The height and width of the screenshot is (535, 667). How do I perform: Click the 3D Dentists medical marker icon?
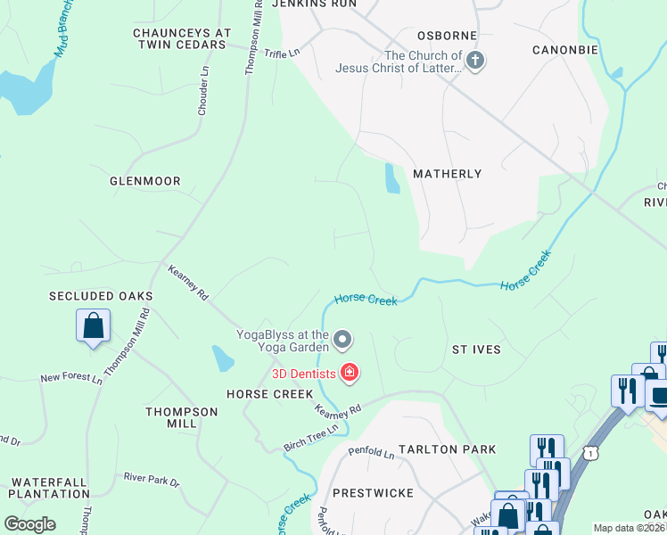[x=350, y=373]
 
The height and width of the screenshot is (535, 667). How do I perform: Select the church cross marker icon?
[x=475, y=62]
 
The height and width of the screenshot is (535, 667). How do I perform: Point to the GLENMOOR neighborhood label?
[x=145, y=181]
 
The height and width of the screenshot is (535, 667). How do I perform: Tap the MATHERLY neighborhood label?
[x=447, y=174]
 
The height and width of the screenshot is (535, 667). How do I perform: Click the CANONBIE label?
[x=565, y=50]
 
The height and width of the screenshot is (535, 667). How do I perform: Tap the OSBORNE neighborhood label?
[x=448, y=36]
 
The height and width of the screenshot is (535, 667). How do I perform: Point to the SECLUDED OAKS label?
[x=102, y=295]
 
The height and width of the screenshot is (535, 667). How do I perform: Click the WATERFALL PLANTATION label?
[x=50, y=487]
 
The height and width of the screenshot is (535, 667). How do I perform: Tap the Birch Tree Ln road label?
[x=311, y=430]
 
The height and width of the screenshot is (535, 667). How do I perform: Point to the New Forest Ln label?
[x=71, y=378]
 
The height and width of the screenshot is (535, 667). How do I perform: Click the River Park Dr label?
[x=152, y=482]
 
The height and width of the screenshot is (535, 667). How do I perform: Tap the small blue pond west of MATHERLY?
[x=391, y=178]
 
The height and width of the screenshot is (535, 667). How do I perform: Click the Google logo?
[x=30, y=523]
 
